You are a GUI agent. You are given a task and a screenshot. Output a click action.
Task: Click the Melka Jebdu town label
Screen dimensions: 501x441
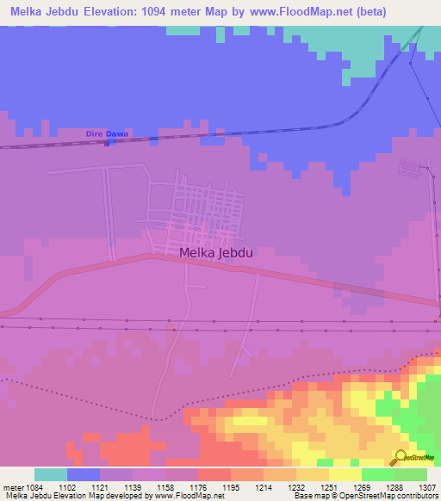[214, 252]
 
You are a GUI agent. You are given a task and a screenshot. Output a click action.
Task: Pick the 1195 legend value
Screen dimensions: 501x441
[231, 487]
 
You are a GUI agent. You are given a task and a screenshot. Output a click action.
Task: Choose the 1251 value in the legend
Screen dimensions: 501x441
[329, 487]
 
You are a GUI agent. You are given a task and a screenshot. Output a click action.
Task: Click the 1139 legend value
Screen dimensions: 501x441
[133, 487]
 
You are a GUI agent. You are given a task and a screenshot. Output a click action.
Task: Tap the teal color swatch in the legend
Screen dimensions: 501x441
[51, 474]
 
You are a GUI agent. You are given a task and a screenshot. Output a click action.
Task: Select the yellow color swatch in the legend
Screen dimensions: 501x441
[345, 474]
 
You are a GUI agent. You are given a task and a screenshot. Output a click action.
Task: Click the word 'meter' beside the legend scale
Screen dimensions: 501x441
[11, 487]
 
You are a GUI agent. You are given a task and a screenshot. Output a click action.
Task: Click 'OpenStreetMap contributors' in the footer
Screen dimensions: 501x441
[396, 496]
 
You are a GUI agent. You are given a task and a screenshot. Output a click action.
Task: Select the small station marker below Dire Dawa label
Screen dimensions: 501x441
[106, 143]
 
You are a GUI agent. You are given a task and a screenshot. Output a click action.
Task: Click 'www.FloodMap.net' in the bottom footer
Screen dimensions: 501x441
[189, 496]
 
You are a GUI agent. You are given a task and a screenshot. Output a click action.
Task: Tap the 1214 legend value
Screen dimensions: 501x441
[264, 487]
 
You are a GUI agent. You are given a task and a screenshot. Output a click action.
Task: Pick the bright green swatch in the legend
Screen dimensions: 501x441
[378, 474]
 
